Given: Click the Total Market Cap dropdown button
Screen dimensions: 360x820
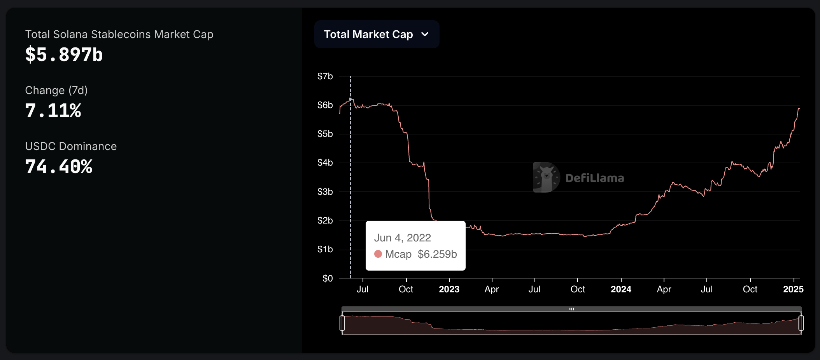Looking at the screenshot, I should coord(376,34).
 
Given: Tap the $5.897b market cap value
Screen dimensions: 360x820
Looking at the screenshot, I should coord(64,54).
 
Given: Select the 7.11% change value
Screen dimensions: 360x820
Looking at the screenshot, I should coord(53,110).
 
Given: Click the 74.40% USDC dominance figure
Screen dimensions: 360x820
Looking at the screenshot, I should coord(59,166).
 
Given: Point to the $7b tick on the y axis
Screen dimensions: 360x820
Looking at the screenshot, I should coord(325,76).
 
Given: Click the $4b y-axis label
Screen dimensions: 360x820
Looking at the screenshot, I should coord(325,163).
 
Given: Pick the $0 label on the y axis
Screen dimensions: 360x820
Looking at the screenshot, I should coord(328,278).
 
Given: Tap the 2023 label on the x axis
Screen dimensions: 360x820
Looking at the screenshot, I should coord(449,289).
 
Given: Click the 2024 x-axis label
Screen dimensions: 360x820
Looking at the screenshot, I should coord(621,289).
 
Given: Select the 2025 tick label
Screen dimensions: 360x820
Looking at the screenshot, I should coord(793,289).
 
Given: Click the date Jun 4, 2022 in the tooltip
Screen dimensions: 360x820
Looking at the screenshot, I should coord(402,238).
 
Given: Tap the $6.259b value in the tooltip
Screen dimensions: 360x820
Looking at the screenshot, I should coord(437,254).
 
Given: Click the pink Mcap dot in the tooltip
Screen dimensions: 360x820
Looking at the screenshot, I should coord(378,254).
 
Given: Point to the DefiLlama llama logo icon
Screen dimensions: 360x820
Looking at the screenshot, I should coord(546,178).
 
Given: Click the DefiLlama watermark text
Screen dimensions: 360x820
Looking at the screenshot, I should coord(594,178).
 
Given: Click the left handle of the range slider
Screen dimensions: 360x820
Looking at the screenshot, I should coord(342,323).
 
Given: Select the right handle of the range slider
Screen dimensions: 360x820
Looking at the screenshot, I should coord(801,323).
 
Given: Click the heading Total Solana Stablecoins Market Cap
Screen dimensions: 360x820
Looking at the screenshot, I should coord(119,34).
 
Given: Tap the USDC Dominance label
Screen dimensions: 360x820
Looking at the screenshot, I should coord(71,146).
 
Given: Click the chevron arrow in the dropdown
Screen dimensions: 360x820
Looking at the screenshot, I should coord(425,34).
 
